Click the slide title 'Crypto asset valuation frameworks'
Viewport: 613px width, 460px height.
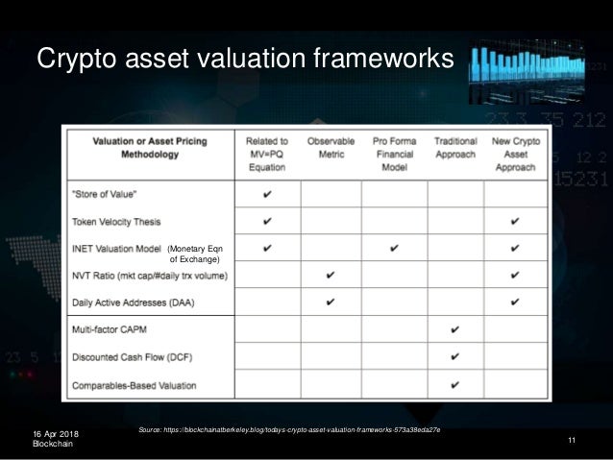pos(244,60)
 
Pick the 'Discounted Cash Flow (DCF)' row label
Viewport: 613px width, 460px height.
pos(132,358)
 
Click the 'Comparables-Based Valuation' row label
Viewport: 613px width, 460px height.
pos(135,386)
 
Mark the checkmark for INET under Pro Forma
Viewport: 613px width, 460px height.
pos(394,249)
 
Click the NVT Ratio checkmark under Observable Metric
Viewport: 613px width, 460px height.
pos(331,276)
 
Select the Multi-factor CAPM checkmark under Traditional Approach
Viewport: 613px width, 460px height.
pos(454,330)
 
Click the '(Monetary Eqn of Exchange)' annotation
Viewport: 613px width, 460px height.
pos(195,254)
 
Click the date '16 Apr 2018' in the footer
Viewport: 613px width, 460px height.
pos(57,435)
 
